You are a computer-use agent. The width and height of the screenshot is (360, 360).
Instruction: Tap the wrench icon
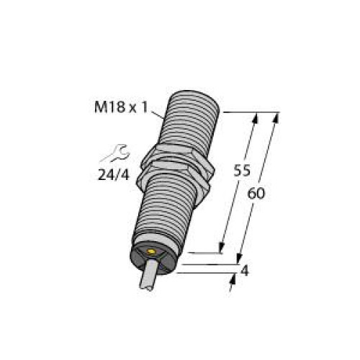click(x=114, y=153)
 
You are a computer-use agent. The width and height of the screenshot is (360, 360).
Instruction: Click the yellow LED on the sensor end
click(x=152, y=253)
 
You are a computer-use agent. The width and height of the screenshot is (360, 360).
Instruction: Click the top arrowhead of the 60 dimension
click(x=276, y=117)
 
